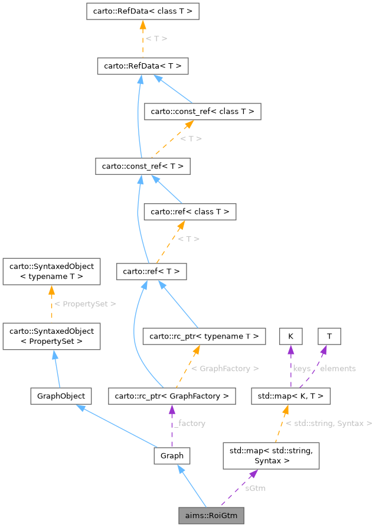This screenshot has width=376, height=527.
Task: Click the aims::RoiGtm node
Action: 211,515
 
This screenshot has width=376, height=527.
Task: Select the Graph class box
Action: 172,456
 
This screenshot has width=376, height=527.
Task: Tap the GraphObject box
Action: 61,396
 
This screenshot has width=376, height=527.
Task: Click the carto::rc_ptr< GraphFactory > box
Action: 172,396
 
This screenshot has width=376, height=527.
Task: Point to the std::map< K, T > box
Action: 290,396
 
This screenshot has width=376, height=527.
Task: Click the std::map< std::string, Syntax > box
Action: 271,456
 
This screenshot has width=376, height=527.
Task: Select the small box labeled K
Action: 290,336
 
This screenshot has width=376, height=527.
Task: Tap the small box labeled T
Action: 329,336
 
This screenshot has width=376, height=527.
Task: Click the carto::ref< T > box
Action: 152,272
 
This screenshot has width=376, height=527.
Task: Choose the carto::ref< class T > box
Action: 190,212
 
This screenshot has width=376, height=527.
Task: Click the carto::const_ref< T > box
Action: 142,167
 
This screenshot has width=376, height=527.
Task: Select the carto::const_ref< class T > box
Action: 202,111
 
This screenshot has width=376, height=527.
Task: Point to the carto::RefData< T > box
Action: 142,66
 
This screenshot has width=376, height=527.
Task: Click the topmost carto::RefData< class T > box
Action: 142,11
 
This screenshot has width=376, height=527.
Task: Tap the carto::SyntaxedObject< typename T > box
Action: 51,271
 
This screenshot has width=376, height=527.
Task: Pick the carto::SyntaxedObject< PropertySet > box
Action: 51,336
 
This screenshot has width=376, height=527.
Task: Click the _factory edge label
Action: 189,423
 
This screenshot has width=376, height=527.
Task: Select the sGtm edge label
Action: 255,488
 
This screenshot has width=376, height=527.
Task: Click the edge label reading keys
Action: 302,368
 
